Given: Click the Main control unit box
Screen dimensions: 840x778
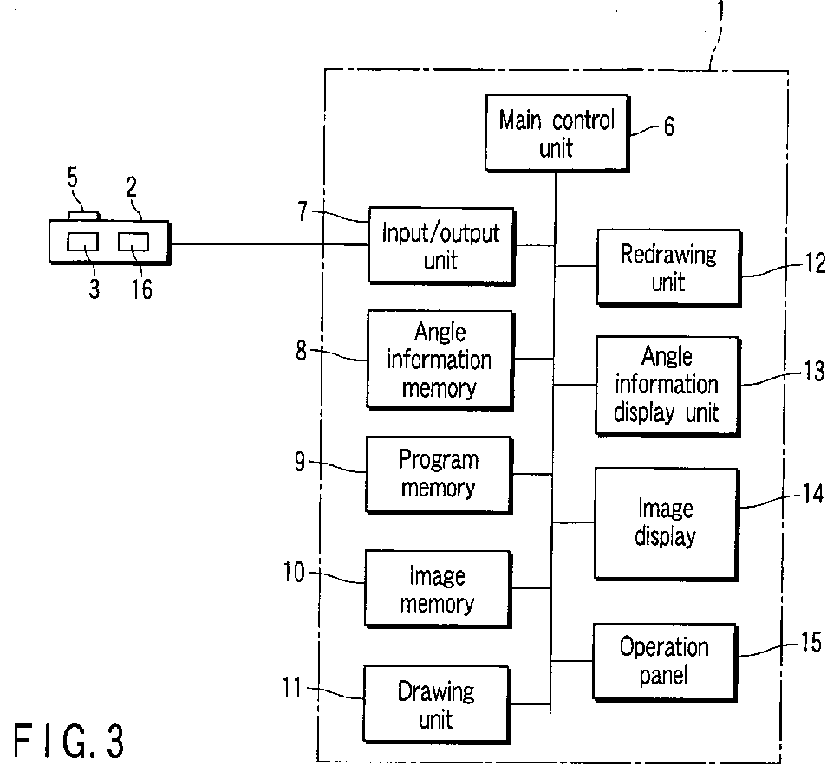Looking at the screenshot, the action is [x=557, y=133].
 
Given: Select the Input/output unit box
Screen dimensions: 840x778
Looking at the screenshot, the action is [x=441, y=246].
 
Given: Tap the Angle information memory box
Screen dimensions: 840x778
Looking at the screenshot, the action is [x=440, y=360].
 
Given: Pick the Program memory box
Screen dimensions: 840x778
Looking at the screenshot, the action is [x=439, y=475].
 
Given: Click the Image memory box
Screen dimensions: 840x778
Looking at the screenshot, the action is [x=438, y=588].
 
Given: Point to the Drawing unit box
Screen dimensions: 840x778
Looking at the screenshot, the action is [x=437, y=704].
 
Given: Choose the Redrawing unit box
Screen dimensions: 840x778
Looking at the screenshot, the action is [x=669, y=268].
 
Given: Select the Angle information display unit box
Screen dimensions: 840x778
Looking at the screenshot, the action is [x=667, y=386].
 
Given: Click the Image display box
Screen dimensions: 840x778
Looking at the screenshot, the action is [x=667, y=523].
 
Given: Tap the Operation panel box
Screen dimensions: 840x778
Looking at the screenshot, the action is [x=665, y=662].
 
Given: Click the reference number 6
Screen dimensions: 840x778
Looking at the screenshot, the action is [x=668, y=126].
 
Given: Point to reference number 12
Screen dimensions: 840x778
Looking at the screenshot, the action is [x=815, y=263].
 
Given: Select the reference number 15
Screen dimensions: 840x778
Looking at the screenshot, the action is [x=811, y=642].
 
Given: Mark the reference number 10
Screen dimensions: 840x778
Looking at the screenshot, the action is [x=294, y=572].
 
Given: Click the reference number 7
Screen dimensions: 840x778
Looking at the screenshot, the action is [x=303, y=211].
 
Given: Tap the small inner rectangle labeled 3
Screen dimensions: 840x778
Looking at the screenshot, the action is [x=83, y=242].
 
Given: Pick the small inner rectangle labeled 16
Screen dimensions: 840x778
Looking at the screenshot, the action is [x=133, y=242].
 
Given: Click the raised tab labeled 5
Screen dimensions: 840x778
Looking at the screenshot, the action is [x=84, y=215].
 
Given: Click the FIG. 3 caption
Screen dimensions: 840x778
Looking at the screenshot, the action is [x=68, y=741].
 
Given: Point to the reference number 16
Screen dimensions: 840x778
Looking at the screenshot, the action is [x=142, y=289].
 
